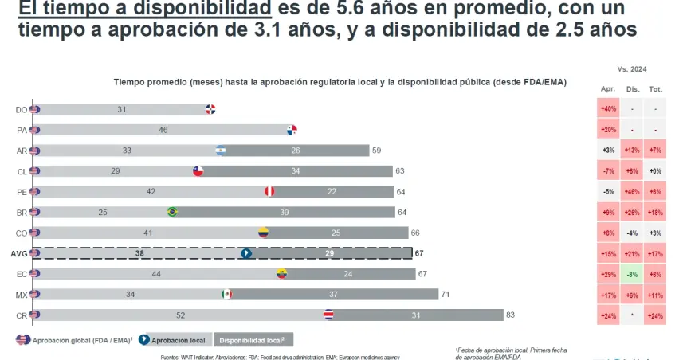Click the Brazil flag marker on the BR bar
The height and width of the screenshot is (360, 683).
point(172,212)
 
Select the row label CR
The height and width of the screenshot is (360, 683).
point(22,315)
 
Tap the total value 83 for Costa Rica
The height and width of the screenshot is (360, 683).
point(510,315)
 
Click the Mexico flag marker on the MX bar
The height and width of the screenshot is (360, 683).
point(226,294)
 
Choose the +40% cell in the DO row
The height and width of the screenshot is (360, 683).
point(608,109)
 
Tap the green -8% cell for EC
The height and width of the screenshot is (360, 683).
point(632,274)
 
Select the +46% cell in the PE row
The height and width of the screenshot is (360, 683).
point(632,191)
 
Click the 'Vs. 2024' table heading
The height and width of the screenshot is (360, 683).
point(631,69)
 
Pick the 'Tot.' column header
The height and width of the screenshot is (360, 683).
point(655,90)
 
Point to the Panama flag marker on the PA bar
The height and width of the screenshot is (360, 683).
point(292,130)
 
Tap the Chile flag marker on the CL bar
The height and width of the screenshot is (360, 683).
point(199,170)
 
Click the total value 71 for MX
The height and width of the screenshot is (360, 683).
point(445,294)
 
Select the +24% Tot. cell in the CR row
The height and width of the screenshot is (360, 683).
point(655,315)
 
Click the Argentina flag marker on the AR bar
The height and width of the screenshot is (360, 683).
point(221,150)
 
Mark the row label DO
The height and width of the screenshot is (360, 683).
point(22,109)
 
